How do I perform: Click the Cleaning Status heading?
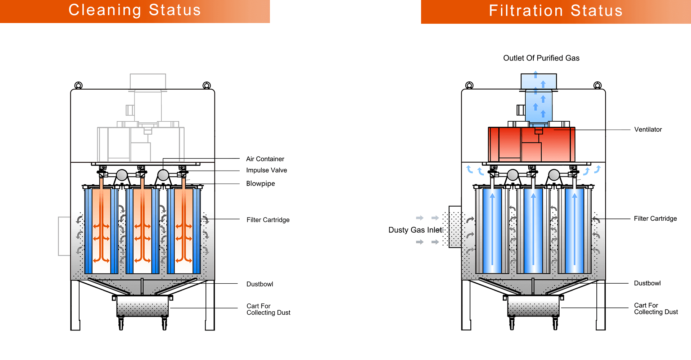(x=135, y=10)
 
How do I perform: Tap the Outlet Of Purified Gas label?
(x=541, y=58)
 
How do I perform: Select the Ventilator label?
(x=648, y=130)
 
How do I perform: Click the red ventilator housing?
(x=531, y=144)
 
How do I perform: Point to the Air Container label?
(x=265, y=159)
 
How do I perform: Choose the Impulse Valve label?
(x=266, y=170)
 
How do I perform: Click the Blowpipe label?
(x=260, y=184)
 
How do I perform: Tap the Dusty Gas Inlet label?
(x=415, y=230)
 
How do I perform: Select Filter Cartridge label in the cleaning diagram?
(x=268, y=220)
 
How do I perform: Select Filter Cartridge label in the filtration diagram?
(x=655, y=219)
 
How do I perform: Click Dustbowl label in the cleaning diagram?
(x=259, y=284)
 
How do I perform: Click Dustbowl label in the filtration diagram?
(x=647, y=283)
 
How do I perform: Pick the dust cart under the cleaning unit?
(x=143, y=306)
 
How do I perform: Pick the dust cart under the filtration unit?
(x=533, y=306)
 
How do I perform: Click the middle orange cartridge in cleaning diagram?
(x=143, y=230)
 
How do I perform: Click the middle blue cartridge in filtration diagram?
(x=533, y=230)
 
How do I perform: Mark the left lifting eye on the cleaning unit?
(x=78, y=85)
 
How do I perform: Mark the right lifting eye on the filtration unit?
(x=597, y=85)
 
